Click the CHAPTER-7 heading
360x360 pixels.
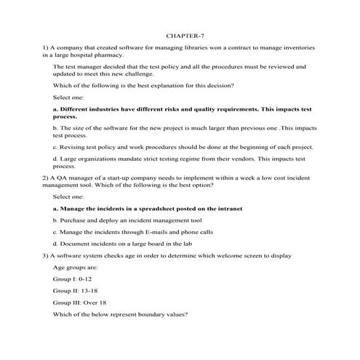pos(180,33)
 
